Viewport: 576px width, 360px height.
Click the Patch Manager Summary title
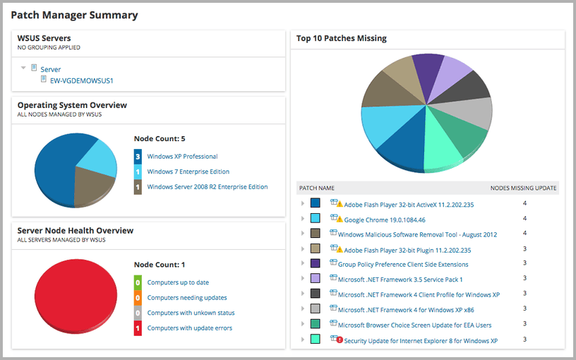(x=74, y=15)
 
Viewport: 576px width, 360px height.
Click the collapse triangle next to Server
(x=24, y=68)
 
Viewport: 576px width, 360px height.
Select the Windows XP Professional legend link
(x=182, y=157)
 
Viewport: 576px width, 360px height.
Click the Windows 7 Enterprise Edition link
(x=188, y=172)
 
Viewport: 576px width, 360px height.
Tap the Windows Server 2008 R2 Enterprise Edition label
(x=207, y=187)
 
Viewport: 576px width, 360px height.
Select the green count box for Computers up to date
(x=138, y=282)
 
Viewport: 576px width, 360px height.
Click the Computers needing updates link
(x=187, y=298)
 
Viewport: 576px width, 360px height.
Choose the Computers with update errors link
(x=189, y=328)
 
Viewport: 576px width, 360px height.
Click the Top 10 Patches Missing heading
(x=341, y=39)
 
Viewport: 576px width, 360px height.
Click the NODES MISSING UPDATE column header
(x=523, y=188)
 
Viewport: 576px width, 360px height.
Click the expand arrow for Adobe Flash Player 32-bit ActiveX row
(x=303, y=204)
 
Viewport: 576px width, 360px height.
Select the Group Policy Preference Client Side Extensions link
(x=402, y=265)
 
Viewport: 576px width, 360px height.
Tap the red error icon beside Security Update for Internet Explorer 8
(x=340, y=340)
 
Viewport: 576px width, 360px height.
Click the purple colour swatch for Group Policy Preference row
(x=316, y=264)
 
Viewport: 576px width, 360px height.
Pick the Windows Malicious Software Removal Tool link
(x=417, y=234)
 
